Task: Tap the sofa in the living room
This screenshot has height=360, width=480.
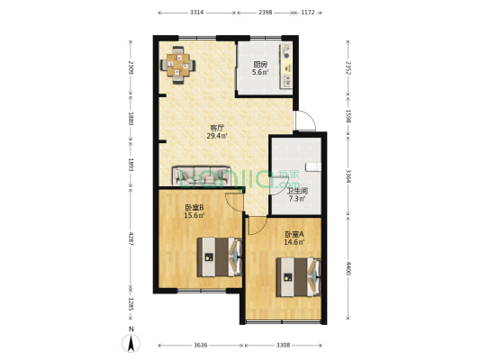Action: click(204, 175)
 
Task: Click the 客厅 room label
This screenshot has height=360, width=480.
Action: click(217, 128)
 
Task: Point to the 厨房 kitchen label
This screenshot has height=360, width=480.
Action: click(259, 65)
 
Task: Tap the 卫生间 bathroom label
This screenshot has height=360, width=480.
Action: click(298, 190)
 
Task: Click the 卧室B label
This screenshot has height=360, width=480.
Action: click(194, 207)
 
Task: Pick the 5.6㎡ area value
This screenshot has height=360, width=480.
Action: click(259, 73)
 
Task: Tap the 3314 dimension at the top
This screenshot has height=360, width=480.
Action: click(196, 13)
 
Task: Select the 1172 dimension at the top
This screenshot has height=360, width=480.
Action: click(307, 13)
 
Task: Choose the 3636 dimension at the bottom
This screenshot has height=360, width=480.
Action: click(200, 345)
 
